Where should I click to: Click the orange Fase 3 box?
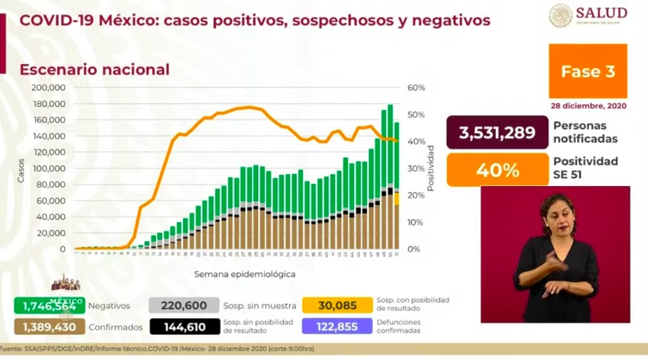click(x=588, y=72)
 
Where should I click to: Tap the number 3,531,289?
click(x=497, y=133)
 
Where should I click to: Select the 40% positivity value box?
click(x=497, y=170)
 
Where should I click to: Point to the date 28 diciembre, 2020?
click(x=588, y=106)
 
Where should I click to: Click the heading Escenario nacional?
click(x=94, y=70)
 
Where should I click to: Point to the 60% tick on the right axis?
click(x=416, y=88)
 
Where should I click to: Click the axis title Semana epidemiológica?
click(x=245, y=274)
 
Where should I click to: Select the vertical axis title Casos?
click(x=21, y=169)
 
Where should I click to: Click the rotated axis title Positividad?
click(x=431, y=168)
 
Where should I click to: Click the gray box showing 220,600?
click(x=184, y=305)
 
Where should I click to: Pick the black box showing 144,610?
click(x=184, y=327)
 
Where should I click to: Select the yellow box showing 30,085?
click(x=337, y=305)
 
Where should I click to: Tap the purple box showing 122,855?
click(x=337, y=327)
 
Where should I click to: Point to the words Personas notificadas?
click(x=584, y=133)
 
